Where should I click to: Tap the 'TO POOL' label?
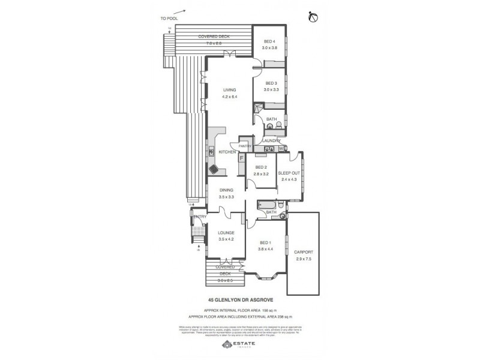pos(169,19)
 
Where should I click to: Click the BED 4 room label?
pos(269,41)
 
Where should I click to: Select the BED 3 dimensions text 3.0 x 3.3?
pos(269,89)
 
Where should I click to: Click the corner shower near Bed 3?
pos(258,109)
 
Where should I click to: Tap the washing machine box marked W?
pos(281,148)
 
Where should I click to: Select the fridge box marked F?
pos(242,159)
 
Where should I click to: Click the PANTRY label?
pos(244,146)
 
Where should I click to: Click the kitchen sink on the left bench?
pos(211,152)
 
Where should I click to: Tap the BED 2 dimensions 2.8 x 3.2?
pos(261,173)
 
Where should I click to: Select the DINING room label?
pos(226,190)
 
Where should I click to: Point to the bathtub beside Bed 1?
pos(264,205)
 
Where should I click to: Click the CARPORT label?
pos(304,253)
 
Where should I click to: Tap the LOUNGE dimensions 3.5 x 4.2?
pos(226,239)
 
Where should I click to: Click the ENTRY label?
pos(200,217)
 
